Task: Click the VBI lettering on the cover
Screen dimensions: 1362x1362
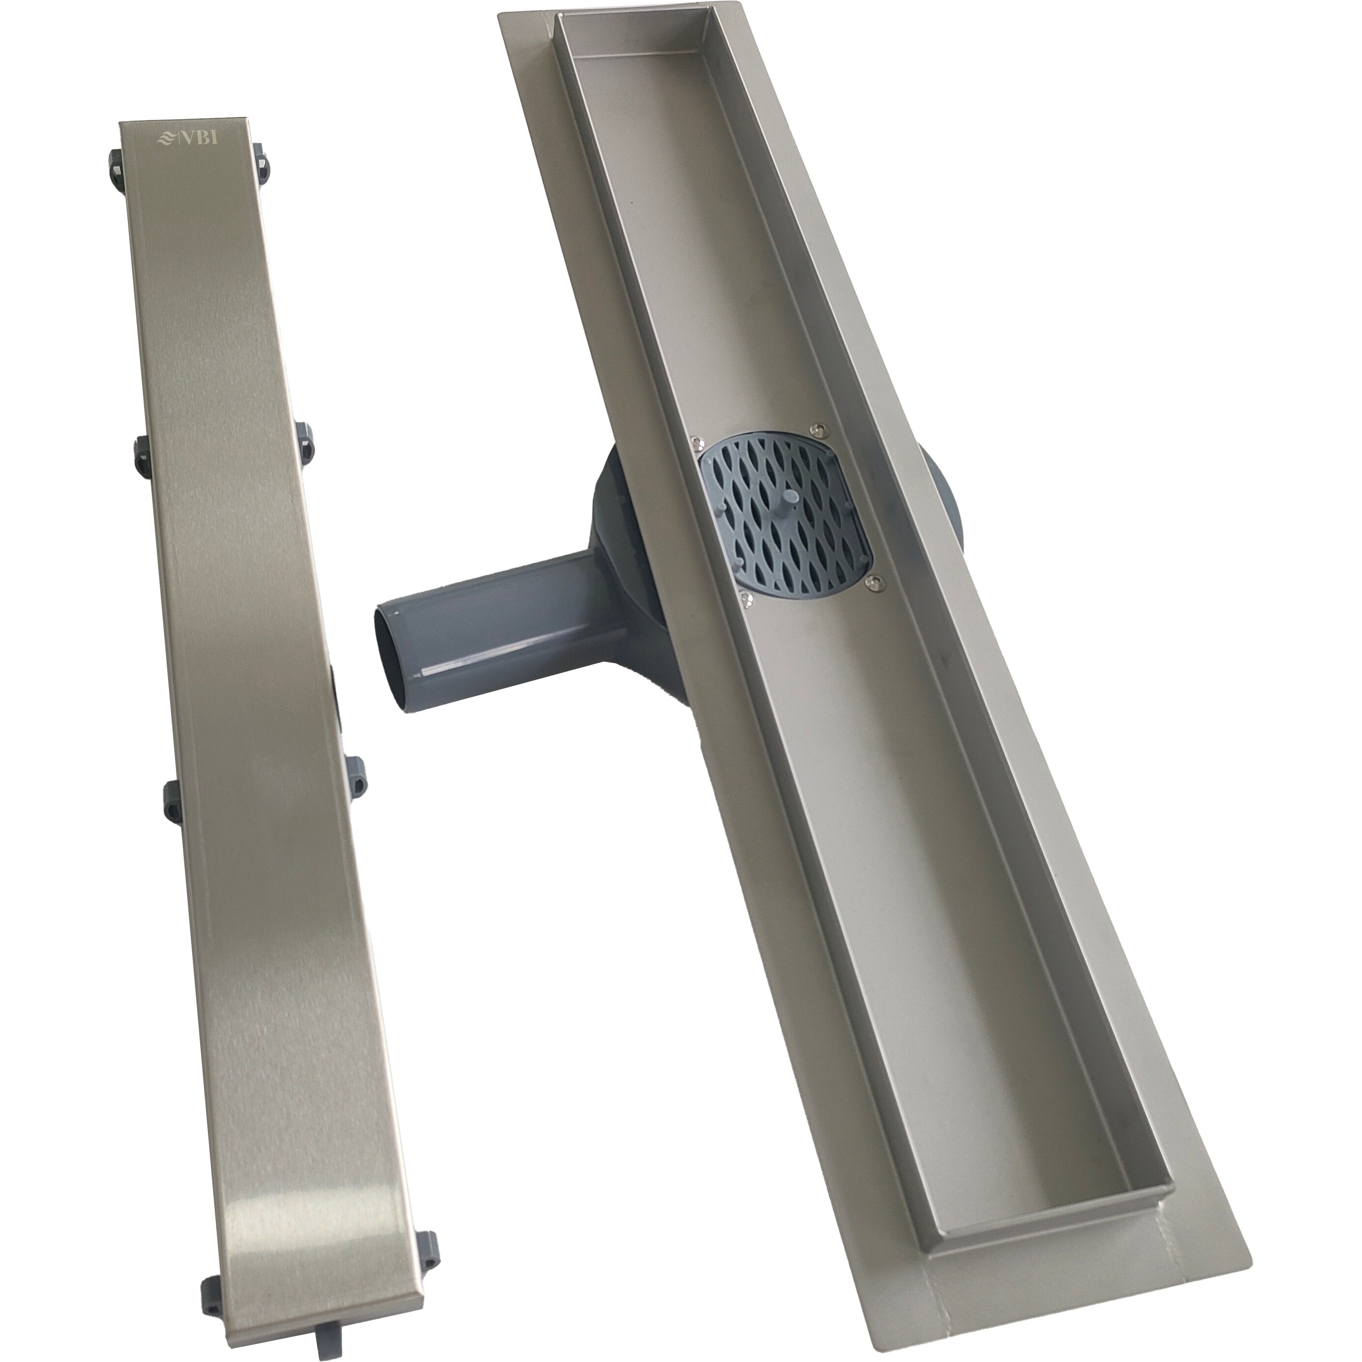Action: (x=198, y=138)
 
